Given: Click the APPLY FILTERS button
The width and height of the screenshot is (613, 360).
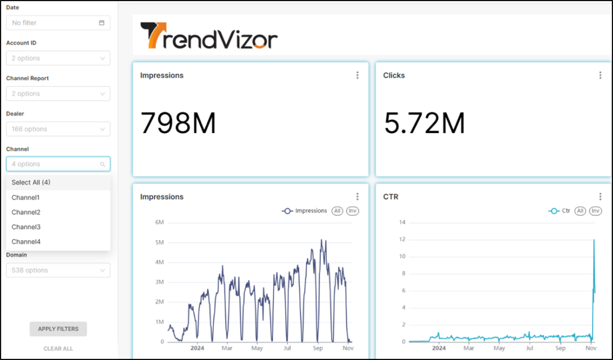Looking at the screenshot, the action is pos(58,329).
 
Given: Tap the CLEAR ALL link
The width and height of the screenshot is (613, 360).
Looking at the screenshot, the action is pos(58,349).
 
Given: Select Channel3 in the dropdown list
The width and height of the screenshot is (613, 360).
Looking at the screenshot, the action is pos(26,227).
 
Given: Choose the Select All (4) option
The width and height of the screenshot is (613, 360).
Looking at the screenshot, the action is pos(31,182).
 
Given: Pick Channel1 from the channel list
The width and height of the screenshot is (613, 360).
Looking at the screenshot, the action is pos(25,198).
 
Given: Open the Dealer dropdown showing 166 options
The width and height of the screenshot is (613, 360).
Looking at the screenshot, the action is pos(58,129).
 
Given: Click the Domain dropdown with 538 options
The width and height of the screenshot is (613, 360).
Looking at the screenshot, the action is pos(58,270).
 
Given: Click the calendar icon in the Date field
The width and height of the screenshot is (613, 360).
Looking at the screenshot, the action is pos(102,23).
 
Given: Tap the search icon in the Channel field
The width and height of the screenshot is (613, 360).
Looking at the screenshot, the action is pos(102,164).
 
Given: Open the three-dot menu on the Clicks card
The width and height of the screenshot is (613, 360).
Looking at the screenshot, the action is pos(600,75).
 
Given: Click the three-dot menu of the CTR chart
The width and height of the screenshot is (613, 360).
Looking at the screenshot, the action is pos(600,196).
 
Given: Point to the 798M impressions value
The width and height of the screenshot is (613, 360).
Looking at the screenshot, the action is pos(178,123).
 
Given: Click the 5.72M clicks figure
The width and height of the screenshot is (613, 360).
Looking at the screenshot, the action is pos(424,123).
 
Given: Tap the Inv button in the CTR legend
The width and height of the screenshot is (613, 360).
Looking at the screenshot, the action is pos(596,211).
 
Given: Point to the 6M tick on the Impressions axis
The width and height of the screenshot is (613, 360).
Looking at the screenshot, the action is pos(159,222).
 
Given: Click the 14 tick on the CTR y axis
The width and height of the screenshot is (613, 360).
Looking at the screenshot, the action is pos(402,222).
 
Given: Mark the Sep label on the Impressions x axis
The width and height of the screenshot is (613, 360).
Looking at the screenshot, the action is pos(318,348).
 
